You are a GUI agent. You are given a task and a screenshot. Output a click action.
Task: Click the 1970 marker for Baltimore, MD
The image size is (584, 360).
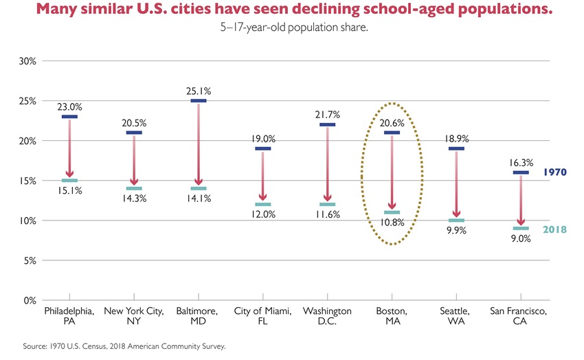[198, 101]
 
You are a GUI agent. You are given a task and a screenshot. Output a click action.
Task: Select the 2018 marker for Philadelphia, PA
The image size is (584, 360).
[69, 180]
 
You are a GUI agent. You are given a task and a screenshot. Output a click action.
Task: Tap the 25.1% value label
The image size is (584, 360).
[198, 91]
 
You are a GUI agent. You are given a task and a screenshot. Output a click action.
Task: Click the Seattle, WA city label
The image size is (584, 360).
[455, 317]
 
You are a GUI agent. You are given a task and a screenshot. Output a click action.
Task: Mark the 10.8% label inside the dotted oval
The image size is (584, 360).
[392, 223]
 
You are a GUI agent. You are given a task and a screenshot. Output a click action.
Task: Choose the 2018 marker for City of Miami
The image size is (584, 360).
[262, 204]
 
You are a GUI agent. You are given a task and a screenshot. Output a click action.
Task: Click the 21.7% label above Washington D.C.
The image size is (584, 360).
[327, 113]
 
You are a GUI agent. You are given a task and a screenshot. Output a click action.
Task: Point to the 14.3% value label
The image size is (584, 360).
[134, 199]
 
